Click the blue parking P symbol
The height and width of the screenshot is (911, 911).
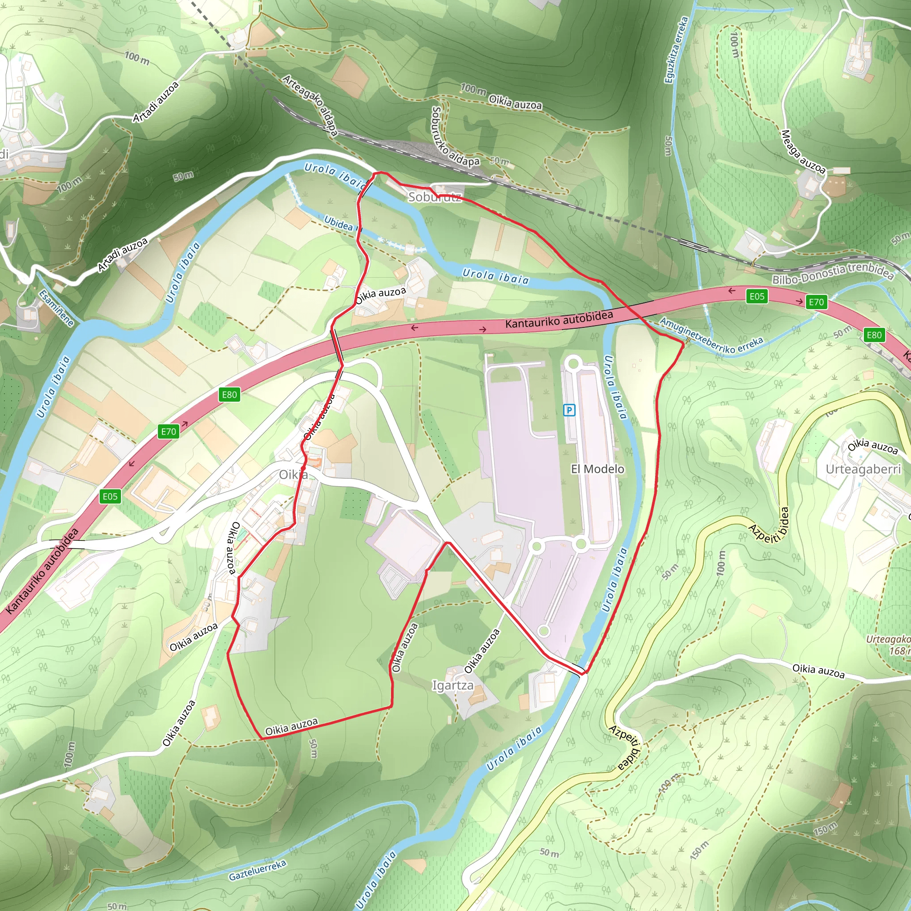(x=569, y=410)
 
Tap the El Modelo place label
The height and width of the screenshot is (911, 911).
(x=597, y=469)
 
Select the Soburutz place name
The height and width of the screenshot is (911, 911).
(x=434, y=197)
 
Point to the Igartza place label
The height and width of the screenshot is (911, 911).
(x=453, y=685)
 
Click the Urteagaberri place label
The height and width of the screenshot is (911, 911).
(x=863, y=469)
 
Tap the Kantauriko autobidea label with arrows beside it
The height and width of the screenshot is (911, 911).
(x=559, y=320)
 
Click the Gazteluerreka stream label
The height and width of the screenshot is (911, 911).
(x=258, y=870)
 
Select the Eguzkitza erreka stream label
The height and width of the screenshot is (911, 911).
(x=676, y=50)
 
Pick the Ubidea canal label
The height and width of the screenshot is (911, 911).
(x=339, y=222)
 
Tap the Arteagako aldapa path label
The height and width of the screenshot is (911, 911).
(x=310, y=105)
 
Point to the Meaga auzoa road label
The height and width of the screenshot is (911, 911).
(x=803, y=152)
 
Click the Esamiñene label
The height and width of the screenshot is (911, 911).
(x=56, y=308)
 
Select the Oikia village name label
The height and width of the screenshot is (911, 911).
(x=293, y=474)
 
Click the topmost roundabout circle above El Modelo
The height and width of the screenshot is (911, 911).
(x=573, y=363)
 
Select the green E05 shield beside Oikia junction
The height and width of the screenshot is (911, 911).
(x=110, y=496)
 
